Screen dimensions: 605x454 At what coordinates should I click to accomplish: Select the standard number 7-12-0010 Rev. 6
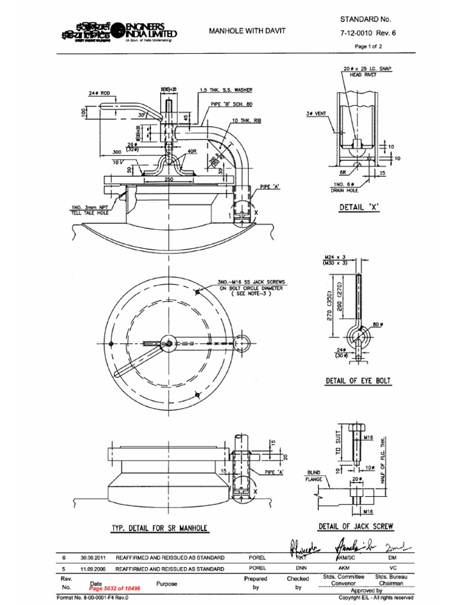367,33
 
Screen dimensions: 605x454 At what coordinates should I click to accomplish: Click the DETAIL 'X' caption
359,207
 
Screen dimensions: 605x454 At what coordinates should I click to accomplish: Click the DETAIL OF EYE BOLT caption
358,381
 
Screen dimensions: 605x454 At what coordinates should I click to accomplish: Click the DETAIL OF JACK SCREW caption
356,526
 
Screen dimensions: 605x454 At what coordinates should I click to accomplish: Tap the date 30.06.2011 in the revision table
93,557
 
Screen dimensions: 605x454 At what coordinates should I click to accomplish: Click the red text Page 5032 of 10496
115,588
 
